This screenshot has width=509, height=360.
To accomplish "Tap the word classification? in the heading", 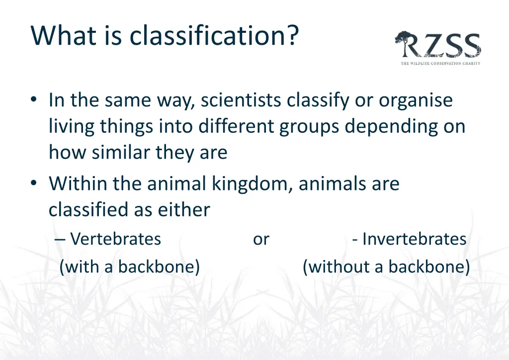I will click(209, 35).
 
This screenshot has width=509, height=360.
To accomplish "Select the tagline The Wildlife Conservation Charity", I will click(440, 63).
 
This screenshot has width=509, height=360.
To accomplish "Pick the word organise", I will click(416, 100).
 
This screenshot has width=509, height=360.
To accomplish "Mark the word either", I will click(184, 210).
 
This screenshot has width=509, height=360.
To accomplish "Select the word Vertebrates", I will click(115, 239).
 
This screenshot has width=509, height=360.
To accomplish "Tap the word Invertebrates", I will click(414, 239).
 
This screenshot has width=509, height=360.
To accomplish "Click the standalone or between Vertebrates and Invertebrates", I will click(261, 239).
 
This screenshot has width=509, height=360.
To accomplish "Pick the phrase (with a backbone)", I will click(129, 267).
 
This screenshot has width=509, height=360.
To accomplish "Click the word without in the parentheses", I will click(340, 267).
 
